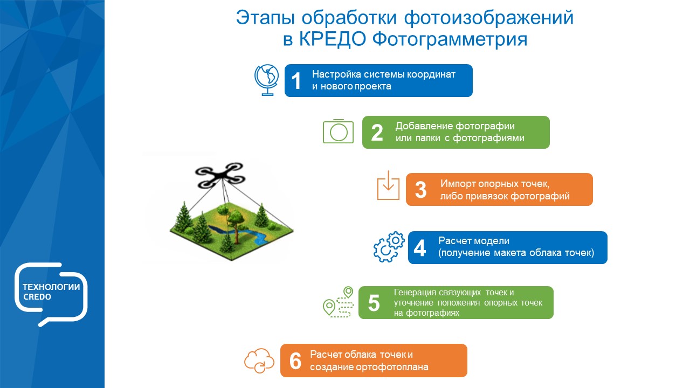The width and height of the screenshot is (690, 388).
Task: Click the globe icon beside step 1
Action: [x=266, y=80]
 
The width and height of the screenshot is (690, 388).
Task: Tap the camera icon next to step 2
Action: [x=338, y=131]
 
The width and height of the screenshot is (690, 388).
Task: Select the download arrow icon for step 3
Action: [x=388, y=186]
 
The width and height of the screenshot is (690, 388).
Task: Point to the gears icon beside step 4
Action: [x=389, y=247]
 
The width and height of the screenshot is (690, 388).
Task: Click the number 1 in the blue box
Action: [x=296, y=81]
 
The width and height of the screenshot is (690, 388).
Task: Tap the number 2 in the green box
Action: [x=377, y=133]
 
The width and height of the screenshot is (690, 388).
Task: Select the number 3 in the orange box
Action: [x=421, y=190]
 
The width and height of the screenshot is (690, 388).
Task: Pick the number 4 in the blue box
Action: [x=419, y=248]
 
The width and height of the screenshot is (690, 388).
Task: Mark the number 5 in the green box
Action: [x=374, y=303]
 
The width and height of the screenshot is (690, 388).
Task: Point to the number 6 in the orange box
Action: [x=295, y=361]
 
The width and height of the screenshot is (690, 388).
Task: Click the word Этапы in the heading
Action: [x=266, y=17]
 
